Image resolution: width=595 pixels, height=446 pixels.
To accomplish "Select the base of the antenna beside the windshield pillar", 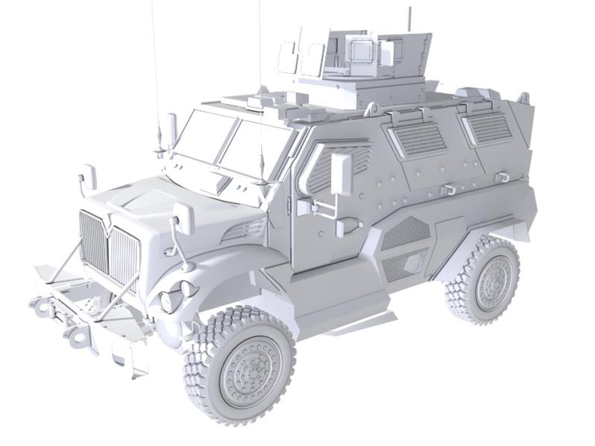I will [261, 181].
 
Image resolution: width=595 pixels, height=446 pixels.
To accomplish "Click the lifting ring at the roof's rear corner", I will [524, 98].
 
